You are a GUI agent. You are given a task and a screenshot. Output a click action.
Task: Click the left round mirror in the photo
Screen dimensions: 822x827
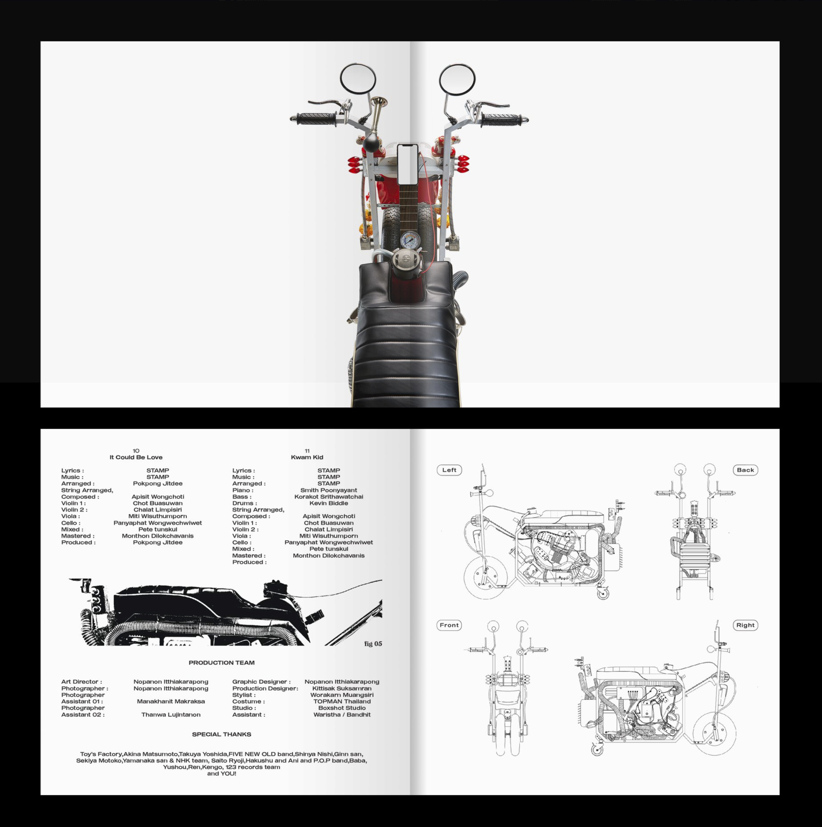pos(358,79)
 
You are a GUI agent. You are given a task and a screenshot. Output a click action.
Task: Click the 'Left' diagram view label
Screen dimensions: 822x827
pos(449,470)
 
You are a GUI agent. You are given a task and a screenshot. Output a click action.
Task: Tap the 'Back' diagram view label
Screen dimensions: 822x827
pos(745,470)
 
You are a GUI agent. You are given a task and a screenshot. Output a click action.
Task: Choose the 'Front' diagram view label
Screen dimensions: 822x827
pos(449,625)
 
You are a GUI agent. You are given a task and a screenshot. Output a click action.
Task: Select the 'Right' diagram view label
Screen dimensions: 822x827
pos(745,625)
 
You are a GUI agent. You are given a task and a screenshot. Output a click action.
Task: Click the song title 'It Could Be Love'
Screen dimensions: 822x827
pos(136,457)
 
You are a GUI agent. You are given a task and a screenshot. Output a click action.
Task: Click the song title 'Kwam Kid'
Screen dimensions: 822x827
pos(307,457)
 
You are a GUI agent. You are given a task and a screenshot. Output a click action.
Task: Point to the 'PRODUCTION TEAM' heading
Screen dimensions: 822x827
pos(222,663)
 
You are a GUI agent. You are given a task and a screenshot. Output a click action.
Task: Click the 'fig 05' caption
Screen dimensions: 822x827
pos(373,644)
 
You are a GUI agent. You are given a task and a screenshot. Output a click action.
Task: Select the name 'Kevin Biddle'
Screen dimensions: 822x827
pos(329,503)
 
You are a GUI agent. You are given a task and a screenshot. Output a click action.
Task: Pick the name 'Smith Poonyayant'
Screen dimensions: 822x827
pos(329,490)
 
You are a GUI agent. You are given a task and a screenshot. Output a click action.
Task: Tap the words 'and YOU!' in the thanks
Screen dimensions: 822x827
pos(222,774)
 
